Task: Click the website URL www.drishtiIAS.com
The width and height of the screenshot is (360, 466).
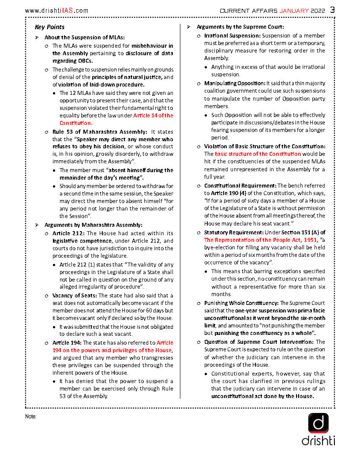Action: (x=56, y=10)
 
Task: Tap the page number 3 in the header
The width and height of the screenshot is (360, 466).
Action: (x=332, y=10)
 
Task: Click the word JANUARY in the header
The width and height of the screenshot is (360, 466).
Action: (x=295, y=10)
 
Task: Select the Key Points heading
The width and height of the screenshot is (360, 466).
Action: (x=49, y=27)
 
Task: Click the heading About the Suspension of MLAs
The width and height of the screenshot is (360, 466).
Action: (x=84, y=37)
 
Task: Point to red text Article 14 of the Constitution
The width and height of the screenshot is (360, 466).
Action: (x=116, y=120)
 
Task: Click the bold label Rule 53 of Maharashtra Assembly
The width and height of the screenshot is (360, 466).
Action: (x=100, y=132)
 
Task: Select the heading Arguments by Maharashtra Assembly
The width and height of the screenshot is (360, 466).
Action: (x=93, y=225)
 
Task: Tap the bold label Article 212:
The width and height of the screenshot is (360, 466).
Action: (x=68, y=233)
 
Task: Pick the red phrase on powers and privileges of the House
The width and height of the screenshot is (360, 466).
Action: (x=112, y=350)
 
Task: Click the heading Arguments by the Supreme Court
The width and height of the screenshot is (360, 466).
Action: (x=240, y=27)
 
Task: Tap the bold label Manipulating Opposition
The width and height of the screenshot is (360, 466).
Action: (x=234, y=83)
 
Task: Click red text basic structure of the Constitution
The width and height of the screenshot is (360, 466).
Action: (x=258, y=154)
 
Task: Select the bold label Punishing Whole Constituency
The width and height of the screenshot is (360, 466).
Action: (x=241, y=303)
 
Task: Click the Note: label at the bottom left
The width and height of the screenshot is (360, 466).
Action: (x=31, y=416)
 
